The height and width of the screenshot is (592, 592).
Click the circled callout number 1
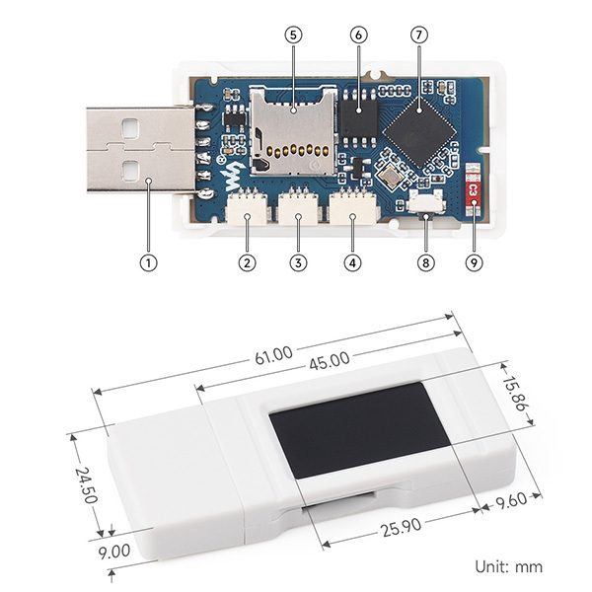(148, 263)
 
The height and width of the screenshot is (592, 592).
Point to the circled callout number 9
(475, 263)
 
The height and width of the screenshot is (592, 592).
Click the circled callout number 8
(425, 263)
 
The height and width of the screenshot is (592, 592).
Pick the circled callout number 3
(295, 263)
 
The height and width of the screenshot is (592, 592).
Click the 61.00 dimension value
(273, 352)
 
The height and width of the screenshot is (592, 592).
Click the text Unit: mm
(509, 566)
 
